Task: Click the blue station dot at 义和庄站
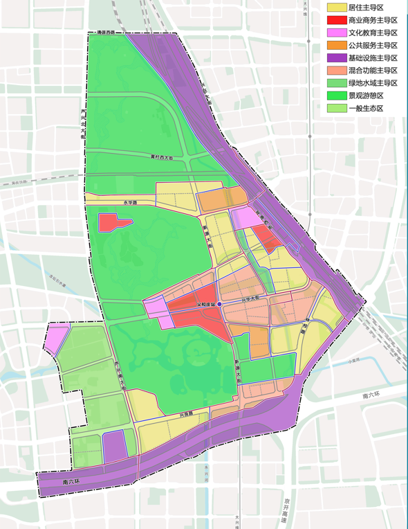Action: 219,304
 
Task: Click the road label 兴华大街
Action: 250,298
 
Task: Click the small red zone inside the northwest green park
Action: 113,223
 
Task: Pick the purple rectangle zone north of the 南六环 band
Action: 114,445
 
